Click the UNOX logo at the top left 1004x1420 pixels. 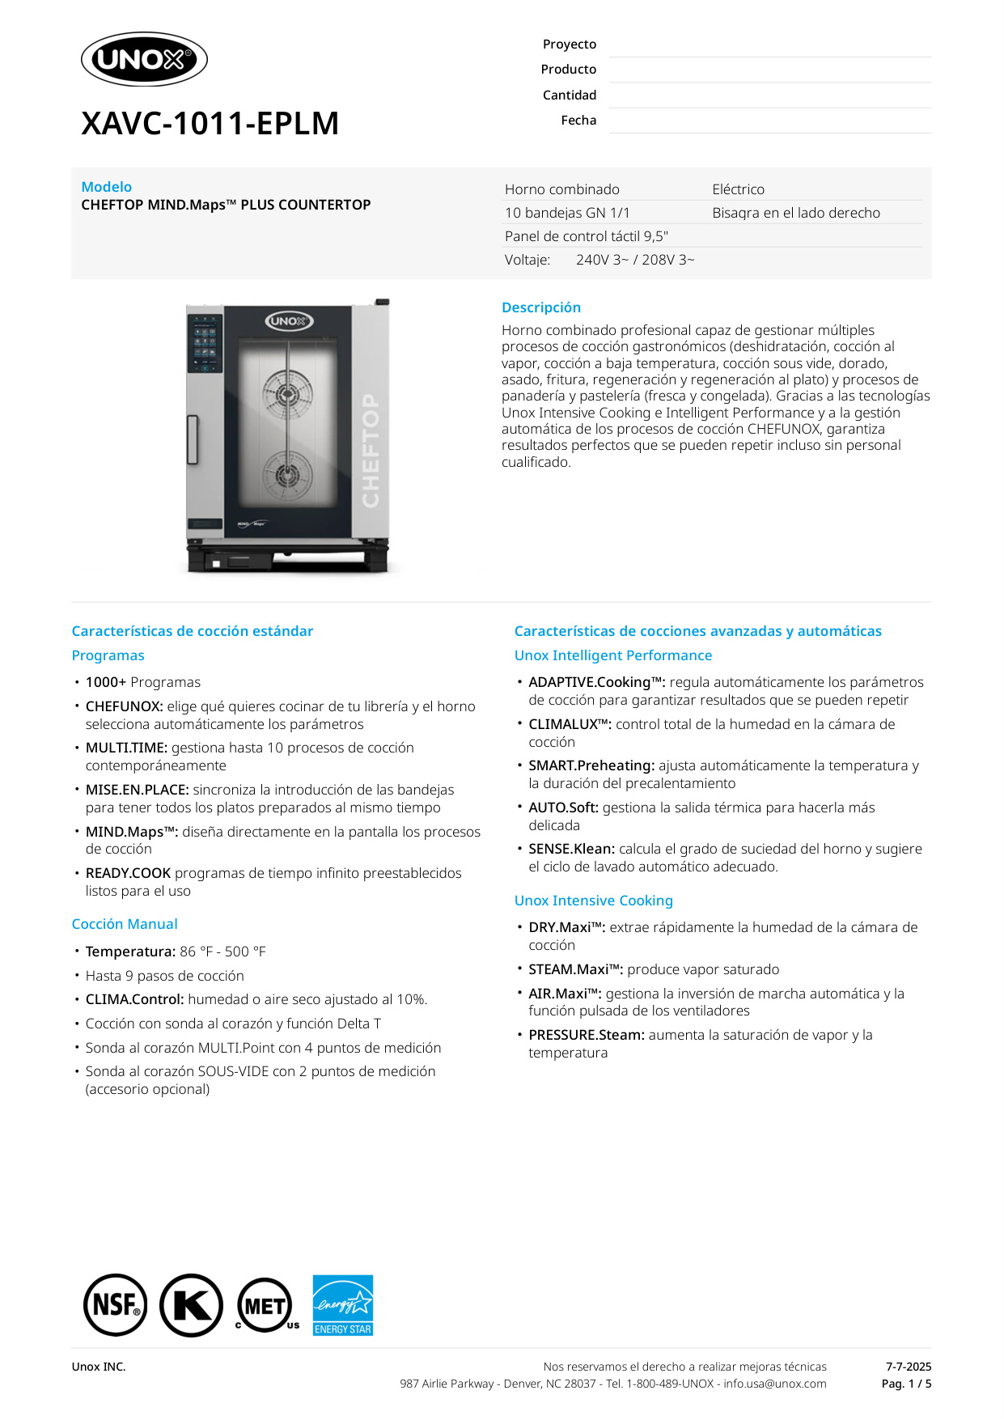[x=144, y=59]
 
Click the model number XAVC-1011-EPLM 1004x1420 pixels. [x=210, y=124]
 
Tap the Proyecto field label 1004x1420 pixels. [x=569, y=45]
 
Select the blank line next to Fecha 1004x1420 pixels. [x=769, y=121]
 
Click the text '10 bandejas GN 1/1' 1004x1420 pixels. [x=567, y=213]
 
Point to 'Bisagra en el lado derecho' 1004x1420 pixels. [x=796, y=213]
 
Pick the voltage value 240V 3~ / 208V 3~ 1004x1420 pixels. [x=635, y=260]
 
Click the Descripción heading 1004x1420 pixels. [x=540, y=307]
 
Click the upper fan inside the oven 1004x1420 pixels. [x=287, y=395]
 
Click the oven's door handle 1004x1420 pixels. [x=193, y=439]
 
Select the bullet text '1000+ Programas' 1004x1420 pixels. [x=142, y=682]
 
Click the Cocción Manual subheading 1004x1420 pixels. [x=125, y=924]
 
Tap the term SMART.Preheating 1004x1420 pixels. [x=591, y=765]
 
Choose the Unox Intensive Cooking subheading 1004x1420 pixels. [x=593, y=901]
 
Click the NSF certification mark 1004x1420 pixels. [x=116, y=1305]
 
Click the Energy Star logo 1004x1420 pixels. [x=343, y=1305]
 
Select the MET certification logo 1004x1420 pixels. [x=265, y=1305]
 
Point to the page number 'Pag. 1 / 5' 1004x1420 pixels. [x=906, y=1384]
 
